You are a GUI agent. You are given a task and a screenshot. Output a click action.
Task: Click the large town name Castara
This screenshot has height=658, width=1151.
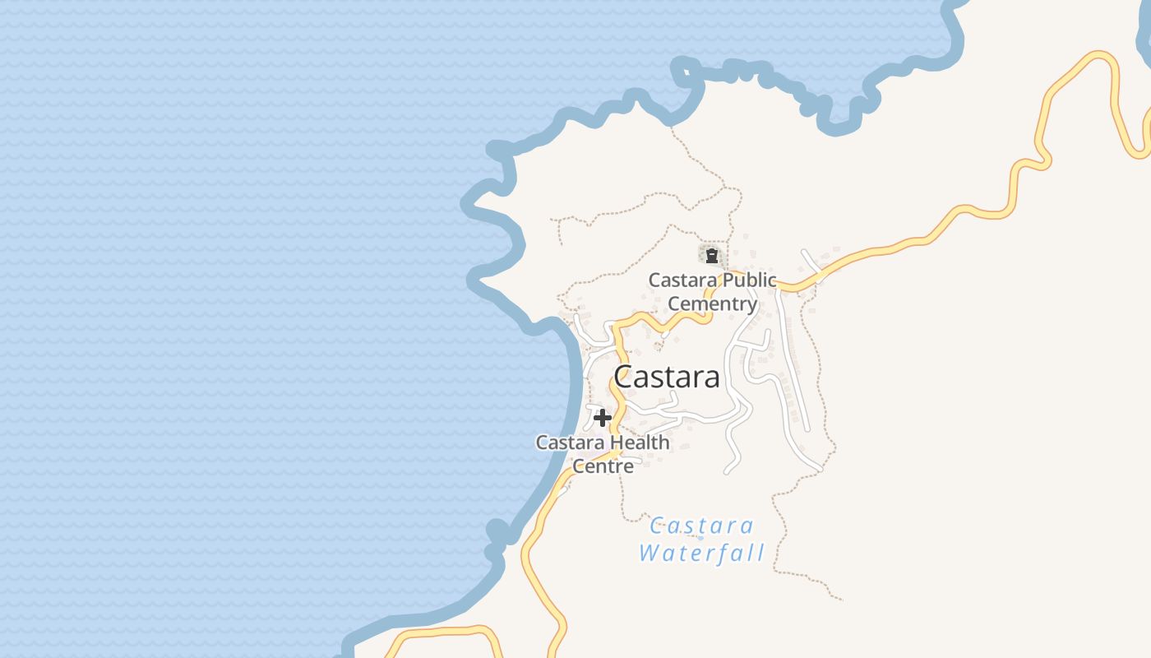[x=667, y=378]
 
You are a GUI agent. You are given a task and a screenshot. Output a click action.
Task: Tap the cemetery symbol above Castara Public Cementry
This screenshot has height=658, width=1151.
[x=712, y=256]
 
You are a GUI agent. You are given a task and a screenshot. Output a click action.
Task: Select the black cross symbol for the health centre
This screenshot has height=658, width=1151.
[x=602, y=418]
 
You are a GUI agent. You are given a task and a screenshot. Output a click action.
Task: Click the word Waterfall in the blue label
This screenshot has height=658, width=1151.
[x=702, y=553]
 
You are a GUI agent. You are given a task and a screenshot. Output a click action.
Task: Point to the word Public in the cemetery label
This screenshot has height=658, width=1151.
[x=747, y=280]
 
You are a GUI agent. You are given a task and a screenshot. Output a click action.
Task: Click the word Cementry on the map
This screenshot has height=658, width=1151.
[x=712, y=304]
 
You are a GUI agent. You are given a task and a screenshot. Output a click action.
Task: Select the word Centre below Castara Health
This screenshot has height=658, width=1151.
[x=603, y=466]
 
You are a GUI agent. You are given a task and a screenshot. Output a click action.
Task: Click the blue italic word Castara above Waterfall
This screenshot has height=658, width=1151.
[x=702, y=526]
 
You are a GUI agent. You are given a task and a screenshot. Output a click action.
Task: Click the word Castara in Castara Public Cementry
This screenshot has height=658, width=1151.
[x=682, y=280]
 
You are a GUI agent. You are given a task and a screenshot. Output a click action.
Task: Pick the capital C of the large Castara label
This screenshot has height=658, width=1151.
[x=625, y=378]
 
